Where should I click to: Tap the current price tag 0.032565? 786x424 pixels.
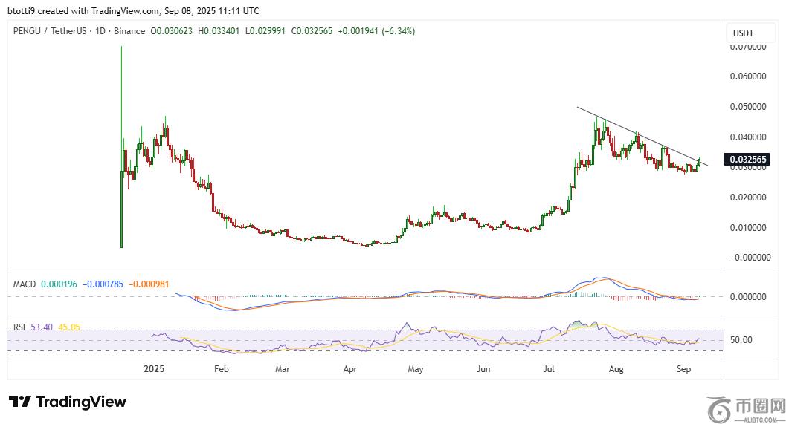click(749, 160)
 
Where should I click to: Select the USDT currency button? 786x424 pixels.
click(744, 33)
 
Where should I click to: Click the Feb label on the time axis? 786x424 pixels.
click(221, 368)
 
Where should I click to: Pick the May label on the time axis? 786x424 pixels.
click(416, 368)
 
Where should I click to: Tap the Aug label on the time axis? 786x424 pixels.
click(616, 368)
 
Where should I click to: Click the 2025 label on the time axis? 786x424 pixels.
click(154, 368)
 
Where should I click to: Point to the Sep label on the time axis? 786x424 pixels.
click(684, 368)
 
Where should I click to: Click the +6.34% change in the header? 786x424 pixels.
click(398, 31)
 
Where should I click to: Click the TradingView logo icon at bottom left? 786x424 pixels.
click(21, 402)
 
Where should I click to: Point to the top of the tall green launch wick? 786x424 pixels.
click(121, 48)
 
